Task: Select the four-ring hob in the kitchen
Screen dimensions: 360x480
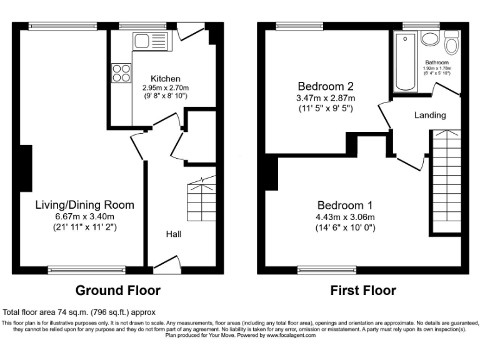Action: [121, 72]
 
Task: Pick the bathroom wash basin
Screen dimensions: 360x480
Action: [429, 39]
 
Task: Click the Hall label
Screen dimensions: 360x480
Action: [174, 234]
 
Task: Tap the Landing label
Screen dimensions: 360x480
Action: [430, 115]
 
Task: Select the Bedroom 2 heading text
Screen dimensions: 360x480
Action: [326, 86]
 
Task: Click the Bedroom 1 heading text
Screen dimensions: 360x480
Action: [345, 206]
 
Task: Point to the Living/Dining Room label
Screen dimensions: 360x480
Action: [84, 205]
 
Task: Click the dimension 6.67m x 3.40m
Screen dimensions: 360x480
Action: [84, 216]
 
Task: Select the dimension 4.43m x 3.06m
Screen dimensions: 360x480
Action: [345, 217]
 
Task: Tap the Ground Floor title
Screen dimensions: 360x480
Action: [117, 291]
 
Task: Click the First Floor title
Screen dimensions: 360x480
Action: [363, 291]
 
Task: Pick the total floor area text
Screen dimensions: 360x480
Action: [79, 312]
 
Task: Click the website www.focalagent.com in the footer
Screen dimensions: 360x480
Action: [291, 336]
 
